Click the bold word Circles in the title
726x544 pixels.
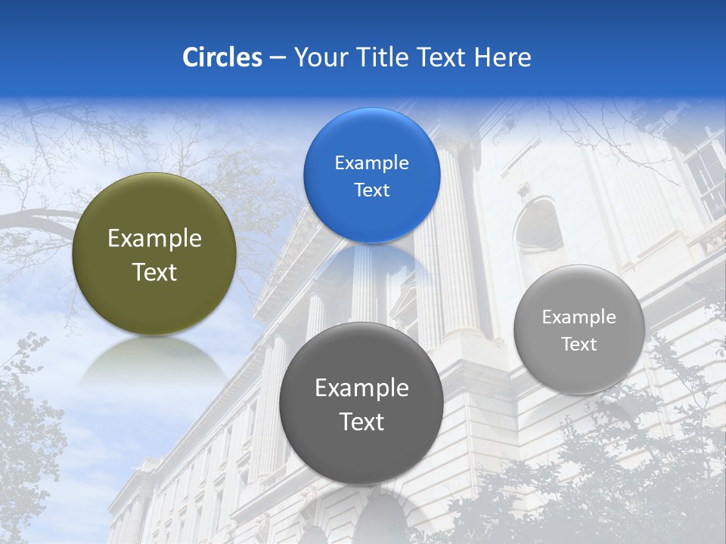click(x=222, y=57)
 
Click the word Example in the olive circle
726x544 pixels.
click(x=154, y=239)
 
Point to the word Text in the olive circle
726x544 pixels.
click(x=154, y=272)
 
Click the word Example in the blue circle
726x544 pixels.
click(x=371, y=163)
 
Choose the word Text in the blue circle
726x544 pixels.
click(x=371, y=190)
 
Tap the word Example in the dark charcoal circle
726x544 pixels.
click(x=361, y=388)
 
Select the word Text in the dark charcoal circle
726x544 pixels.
click(x=361, y=422)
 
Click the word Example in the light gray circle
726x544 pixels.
click(x=579, y=317)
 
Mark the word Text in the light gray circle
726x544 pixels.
click(x=579, y=345)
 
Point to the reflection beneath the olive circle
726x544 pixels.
click(x=154, y=363)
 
